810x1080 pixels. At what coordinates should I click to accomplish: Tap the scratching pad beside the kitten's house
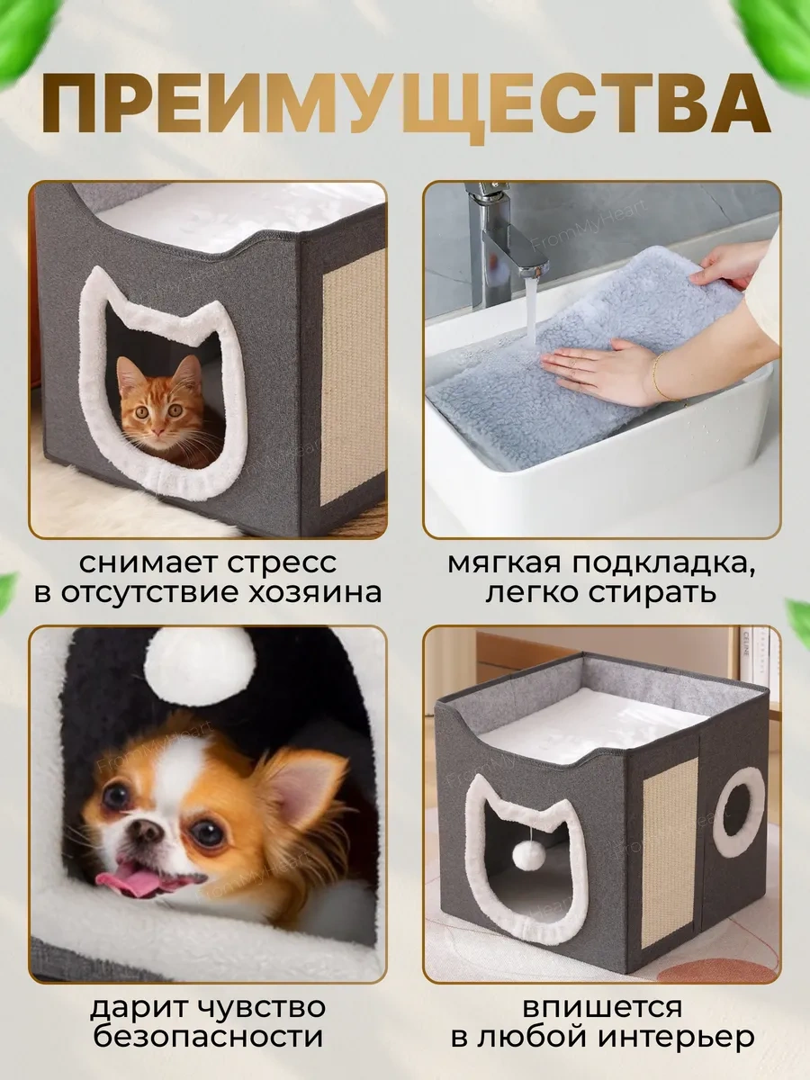point(352,376)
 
